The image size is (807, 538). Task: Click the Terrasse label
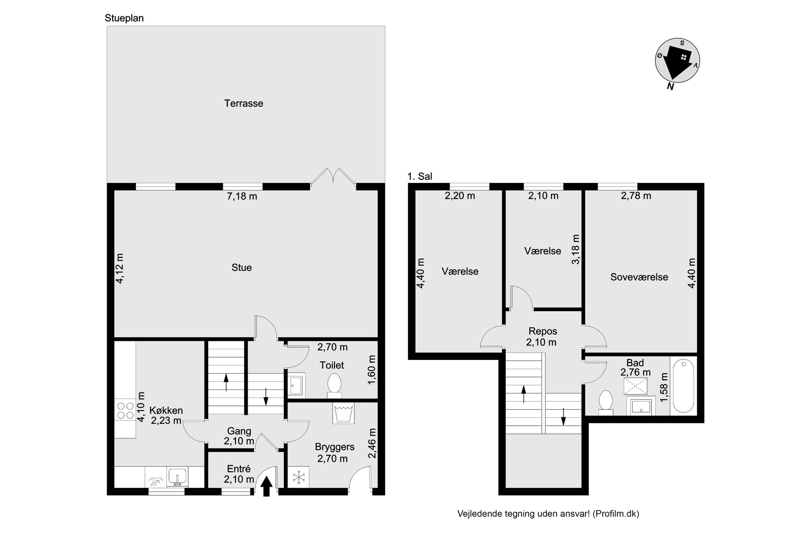[x=244, y=103]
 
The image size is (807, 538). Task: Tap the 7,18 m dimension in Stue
[x=242, y=196]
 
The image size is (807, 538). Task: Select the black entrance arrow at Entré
[x=266, y=486]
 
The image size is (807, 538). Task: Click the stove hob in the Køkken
[x=125, y=410]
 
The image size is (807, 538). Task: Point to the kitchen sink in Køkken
[x=177, y=477]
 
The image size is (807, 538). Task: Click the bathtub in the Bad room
[x=683, y=386]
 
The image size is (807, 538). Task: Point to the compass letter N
[x=670, y=86]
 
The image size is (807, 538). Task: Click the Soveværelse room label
[x=639, y=277]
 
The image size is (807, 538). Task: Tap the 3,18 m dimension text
[x=576, y=249]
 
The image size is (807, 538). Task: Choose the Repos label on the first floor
[x=543, y=331]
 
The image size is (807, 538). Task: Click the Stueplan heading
[x=124, y=18]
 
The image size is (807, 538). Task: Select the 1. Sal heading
[x=420, y=176]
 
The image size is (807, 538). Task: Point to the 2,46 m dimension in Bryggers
[x=372, y=443]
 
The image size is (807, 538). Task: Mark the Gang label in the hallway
[x=239, y=431]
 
